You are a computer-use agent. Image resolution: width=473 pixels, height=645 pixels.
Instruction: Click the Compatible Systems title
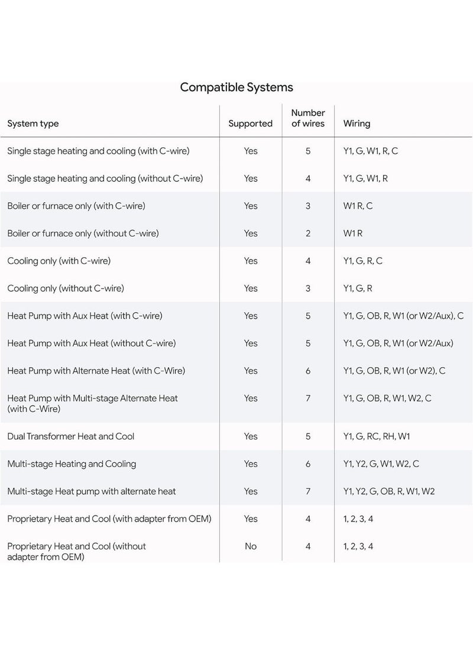[x=237, y=87]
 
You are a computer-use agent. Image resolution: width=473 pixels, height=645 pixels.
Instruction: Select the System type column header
[x=33, y=124]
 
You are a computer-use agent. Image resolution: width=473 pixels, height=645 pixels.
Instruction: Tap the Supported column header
[x=251, y=124]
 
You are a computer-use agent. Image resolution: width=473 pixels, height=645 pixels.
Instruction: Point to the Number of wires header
[x=308, y=118]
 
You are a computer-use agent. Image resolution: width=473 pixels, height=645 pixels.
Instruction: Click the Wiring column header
[x=357, y=124]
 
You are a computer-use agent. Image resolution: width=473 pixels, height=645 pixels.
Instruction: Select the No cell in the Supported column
[x=251, y=546]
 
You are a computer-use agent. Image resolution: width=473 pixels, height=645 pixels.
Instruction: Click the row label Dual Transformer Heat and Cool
[x=70, y=436]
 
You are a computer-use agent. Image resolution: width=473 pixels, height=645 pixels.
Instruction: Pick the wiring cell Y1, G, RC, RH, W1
[x=377, y=436]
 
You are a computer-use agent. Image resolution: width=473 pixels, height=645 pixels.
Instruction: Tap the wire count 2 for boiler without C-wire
[x=308, y=234]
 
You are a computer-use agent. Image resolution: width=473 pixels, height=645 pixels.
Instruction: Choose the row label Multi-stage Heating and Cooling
[x=72, y=464]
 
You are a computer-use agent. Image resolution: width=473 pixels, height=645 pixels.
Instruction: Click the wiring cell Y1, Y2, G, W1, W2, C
[x=381, y=464]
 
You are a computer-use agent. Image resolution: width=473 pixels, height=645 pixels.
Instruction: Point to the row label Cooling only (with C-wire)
[x=59, y=261]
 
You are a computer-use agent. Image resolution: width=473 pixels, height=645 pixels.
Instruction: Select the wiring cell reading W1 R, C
[x=358, y=206]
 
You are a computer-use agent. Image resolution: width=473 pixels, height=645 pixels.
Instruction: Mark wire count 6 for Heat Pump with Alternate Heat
[x=308, y=371]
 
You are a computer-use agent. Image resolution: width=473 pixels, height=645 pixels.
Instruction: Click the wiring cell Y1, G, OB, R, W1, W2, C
[x=387, y=398]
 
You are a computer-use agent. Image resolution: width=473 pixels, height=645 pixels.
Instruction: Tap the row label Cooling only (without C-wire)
[x=66, y=289]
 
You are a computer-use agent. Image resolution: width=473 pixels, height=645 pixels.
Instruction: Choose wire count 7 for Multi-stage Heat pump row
[x=308, y=491]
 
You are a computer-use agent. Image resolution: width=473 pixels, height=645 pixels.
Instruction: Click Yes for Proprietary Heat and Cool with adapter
[x=251, y=519]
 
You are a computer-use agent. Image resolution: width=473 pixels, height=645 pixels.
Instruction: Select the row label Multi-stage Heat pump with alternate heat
[x=92, y=491]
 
